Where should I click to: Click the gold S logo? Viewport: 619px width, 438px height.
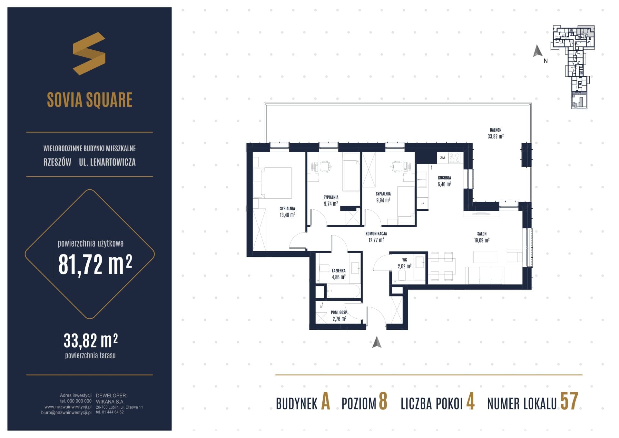(89, 54)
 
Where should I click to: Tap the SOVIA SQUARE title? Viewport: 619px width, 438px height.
(90, 100)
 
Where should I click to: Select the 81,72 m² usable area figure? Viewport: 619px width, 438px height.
(95, 264)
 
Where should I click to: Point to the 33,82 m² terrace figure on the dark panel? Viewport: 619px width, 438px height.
(91, 341)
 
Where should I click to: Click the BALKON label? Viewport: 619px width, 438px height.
(496, 130)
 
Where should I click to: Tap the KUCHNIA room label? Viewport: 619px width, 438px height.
(444, 178)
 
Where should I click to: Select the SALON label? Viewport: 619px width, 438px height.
(482, 234)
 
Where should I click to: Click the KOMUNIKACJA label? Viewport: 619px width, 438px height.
(376, 234)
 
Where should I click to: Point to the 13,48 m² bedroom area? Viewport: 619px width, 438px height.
(287, 215)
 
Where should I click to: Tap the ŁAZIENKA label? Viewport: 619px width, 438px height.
(339, 271)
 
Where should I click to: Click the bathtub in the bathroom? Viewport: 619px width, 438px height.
(343, 291)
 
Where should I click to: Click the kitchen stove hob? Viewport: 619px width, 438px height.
(454, 158)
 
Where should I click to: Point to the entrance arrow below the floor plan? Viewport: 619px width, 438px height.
(377, 342)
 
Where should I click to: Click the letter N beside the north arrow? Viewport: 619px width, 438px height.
(545, 61)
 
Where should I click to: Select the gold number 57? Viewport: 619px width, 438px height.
(569, 401)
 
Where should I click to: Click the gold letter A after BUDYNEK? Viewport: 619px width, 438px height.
(326, 402)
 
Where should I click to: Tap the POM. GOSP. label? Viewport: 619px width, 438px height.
(339, 313)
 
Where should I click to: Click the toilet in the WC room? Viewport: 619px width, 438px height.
(402, 275)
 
